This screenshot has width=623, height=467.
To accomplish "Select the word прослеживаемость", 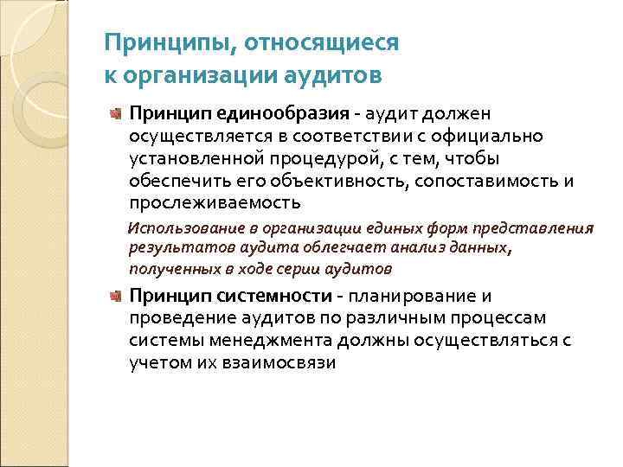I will (x=215, y=203).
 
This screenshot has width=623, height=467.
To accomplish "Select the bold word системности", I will (x=279, y=297).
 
